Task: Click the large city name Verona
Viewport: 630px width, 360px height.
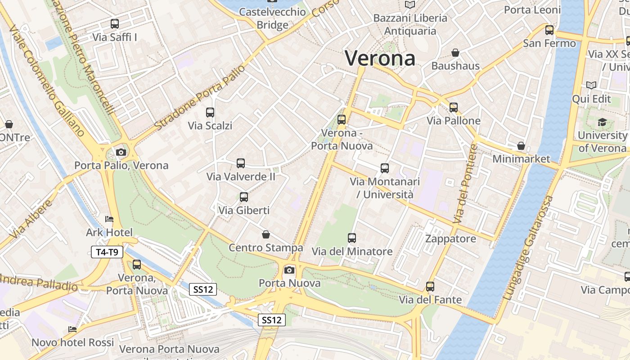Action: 380,58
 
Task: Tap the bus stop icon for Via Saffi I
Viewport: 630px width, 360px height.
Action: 115,24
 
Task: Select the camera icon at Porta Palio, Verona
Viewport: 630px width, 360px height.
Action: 121,152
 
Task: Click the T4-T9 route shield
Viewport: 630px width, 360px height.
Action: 107,252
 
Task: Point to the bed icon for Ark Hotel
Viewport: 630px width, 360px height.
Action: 109,220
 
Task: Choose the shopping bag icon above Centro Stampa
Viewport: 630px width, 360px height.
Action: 266,234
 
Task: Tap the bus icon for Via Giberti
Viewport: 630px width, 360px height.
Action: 244,197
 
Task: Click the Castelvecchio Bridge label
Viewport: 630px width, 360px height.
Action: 272,18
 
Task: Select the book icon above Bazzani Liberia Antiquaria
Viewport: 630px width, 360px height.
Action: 410,5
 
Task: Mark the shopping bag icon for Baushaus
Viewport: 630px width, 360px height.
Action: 455,53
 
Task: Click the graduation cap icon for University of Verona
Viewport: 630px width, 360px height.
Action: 602,122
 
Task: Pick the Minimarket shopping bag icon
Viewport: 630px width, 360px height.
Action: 521,146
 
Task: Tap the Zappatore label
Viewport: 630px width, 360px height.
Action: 450,238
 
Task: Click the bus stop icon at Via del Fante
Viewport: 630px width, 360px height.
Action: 430,287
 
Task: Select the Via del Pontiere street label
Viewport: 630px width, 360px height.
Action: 465,184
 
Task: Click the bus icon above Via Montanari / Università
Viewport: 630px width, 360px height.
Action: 385,168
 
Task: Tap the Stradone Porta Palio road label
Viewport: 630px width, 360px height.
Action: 200,98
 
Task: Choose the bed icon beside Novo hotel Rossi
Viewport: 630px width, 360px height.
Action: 72,329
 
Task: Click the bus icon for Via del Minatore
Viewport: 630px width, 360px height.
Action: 352,238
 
